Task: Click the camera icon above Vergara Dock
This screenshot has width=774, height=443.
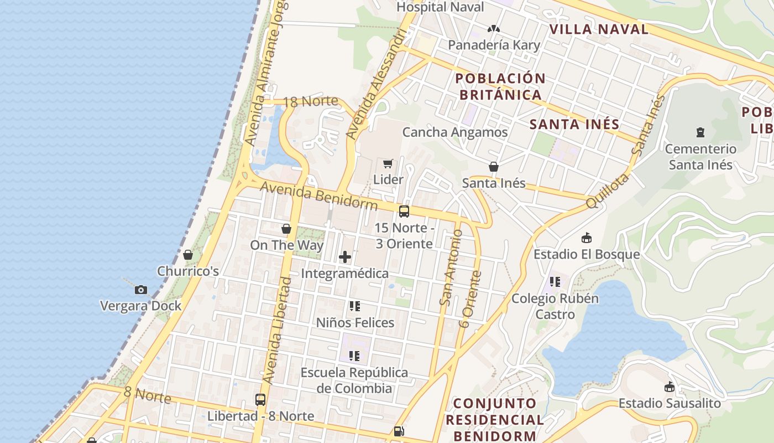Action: [x=141, y=290]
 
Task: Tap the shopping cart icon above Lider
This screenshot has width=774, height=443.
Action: [x=388, y=163]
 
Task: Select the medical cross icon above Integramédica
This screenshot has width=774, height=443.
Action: [x=345, y=257]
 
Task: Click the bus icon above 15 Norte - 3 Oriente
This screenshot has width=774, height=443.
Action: [x=404, y=212]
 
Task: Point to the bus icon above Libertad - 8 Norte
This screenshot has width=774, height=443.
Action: [x=260, y=399]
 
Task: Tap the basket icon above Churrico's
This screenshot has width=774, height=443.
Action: [x=188, y=255]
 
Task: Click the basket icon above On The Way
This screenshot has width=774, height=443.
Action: [x=286, y=229]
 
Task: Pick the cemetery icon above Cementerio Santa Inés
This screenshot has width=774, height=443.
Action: [x=700, y=132]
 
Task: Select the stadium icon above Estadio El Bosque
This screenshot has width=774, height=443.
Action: [x=586, y=238]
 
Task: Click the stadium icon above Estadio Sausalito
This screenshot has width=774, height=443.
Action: [x=670, y=387]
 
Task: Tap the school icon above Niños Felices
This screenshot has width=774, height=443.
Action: [x=355, y=306]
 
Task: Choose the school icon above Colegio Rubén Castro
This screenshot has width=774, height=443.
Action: [x=555, y=282]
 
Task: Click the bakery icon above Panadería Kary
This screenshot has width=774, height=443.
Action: [x=494, y=29]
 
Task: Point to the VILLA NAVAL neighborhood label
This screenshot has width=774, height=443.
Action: [x=599, y=29]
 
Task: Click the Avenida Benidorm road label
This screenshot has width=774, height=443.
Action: [x=318, y=196]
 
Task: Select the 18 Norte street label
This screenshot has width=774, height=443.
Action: [x=310, y=101]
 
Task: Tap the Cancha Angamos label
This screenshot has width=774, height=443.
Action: [x=455, y=132]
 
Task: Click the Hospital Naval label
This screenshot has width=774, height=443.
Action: [x=440, y=7]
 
